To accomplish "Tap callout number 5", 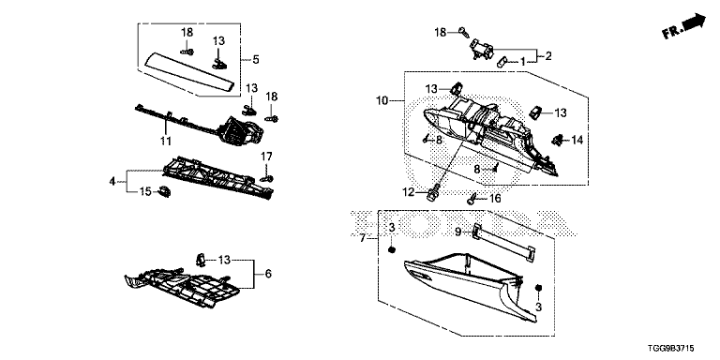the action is (x=256, y=59).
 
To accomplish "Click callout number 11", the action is (x=166, y=140).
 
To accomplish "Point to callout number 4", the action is (x=112, y=181).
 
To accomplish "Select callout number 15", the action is (x=145, y=191).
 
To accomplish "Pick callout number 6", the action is (x=268, y=274).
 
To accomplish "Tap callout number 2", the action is (x=548, y=56).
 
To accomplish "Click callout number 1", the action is (x=522, y=61).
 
